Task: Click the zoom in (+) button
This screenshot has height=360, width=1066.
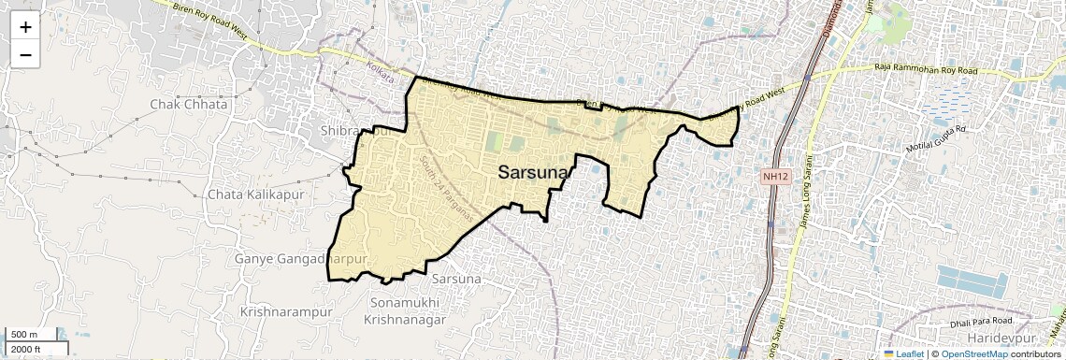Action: (x=25, y=27)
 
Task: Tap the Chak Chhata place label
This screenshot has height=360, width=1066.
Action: (x=188, y=105)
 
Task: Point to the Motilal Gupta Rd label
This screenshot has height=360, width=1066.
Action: (x=941, y=138)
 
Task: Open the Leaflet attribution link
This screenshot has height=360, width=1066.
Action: (x=903, y=353)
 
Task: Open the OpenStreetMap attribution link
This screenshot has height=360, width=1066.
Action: (x=973, y=353)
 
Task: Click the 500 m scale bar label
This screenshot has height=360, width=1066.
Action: (x=25, y=335)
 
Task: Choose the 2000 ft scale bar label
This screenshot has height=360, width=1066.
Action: (x=29, y=349)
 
